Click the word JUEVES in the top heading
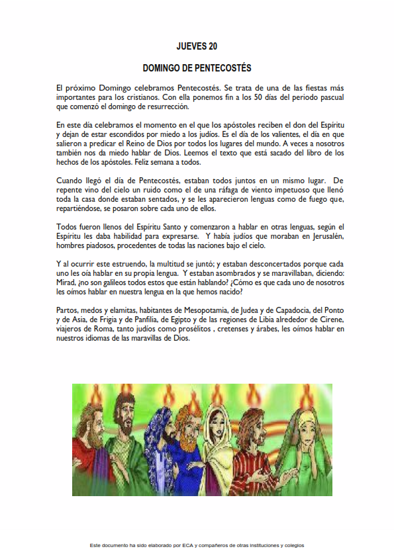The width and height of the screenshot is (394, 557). (x=191, y=46)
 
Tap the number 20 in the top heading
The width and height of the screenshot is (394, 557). (x=213, y=46)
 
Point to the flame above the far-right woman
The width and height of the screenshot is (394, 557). (x=306, y=396)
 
